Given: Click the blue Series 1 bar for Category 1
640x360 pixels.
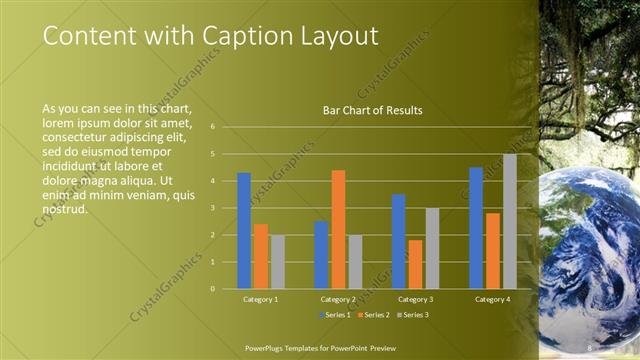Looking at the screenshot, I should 244,230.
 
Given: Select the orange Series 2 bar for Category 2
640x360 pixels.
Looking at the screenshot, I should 338,229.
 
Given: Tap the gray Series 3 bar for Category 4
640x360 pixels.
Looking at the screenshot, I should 509,221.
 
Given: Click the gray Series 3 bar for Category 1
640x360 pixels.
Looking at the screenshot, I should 277,261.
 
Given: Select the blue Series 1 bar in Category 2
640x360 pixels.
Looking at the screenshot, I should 321,254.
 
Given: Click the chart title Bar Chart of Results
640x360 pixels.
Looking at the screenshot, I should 372,110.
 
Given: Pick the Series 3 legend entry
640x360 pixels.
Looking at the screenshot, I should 413,315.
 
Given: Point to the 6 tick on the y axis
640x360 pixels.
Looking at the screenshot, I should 213,127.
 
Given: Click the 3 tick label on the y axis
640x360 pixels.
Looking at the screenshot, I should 213,208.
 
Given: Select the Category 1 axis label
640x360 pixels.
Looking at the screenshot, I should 260,299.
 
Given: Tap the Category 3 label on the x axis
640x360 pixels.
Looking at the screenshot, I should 415,299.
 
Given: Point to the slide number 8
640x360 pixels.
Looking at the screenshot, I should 590,347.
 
